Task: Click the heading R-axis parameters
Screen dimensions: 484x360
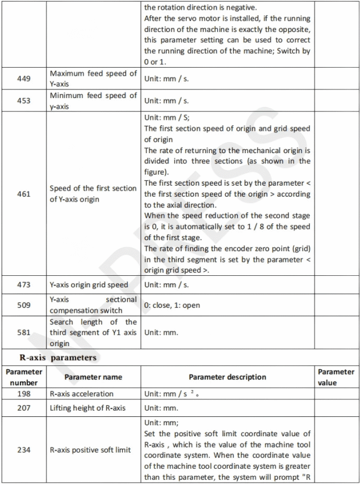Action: coord(53,358)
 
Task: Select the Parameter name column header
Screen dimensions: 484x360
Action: coord(93,376)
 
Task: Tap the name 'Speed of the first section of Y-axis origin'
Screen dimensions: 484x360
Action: coord(93,194)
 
